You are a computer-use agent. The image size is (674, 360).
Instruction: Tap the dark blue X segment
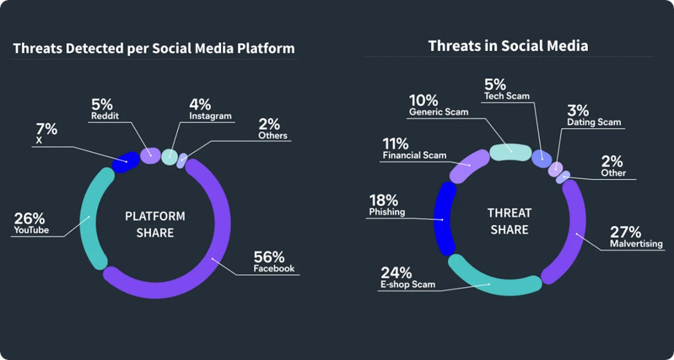tap(126, 162)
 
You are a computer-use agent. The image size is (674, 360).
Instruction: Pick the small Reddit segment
tap(150, 155)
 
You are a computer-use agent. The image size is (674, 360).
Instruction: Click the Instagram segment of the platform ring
tap(169, 157)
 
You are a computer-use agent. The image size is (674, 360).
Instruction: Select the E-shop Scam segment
tap(491, 284)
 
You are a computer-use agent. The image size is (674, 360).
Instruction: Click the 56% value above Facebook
tap(269, 257)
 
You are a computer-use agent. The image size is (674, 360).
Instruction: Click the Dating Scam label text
tap(594, 122)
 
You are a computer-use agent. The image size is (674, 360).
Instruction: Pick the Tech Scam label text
tap(507, 96)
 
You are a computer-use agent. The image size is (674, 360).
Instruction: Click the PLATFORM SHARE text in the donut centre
tap(155, 224)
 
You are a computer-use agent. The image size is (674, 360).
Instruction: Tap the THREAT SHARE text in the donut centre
tap(509, 221)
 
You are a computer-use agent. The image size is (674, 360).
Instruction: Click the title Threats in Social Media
tap(508, 46)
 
